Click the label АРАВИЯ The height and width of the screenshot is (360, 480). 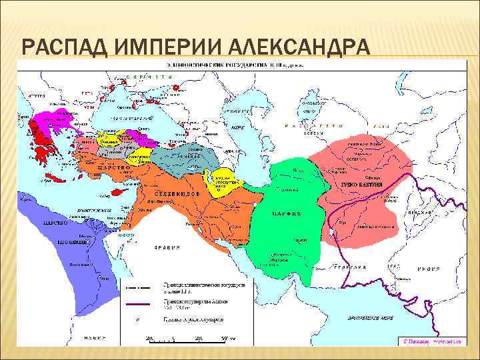167,247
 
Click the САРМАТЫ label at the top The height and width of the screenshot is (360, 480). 153,78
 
